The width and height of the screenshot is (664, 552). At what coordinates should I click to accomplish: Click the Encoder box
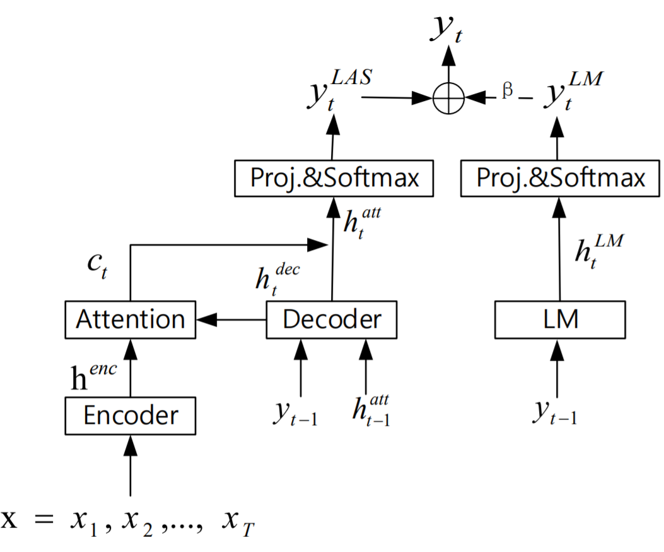click(131, 416)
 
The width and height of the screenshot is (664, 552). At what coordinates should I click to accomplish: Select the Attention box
click(131, 320)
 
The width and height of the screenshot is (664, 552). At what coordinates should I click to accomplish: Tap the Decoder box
click(332, 320)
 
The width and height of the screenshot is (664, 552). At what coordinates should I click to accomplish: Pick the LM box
click(559, 320)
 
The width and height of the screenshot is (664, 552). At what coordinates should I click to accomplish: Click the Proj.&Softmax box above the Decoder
click(334, 179)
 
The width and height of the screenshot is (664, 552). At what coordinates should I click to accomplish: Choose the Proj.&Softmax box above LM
click(561, 179)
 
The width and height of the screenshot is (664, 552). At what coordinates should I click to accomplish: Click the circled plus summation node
click(448, 99)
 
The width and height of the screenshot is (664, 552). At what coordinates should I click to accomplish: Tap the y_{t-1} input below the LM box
click(555, 412)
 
